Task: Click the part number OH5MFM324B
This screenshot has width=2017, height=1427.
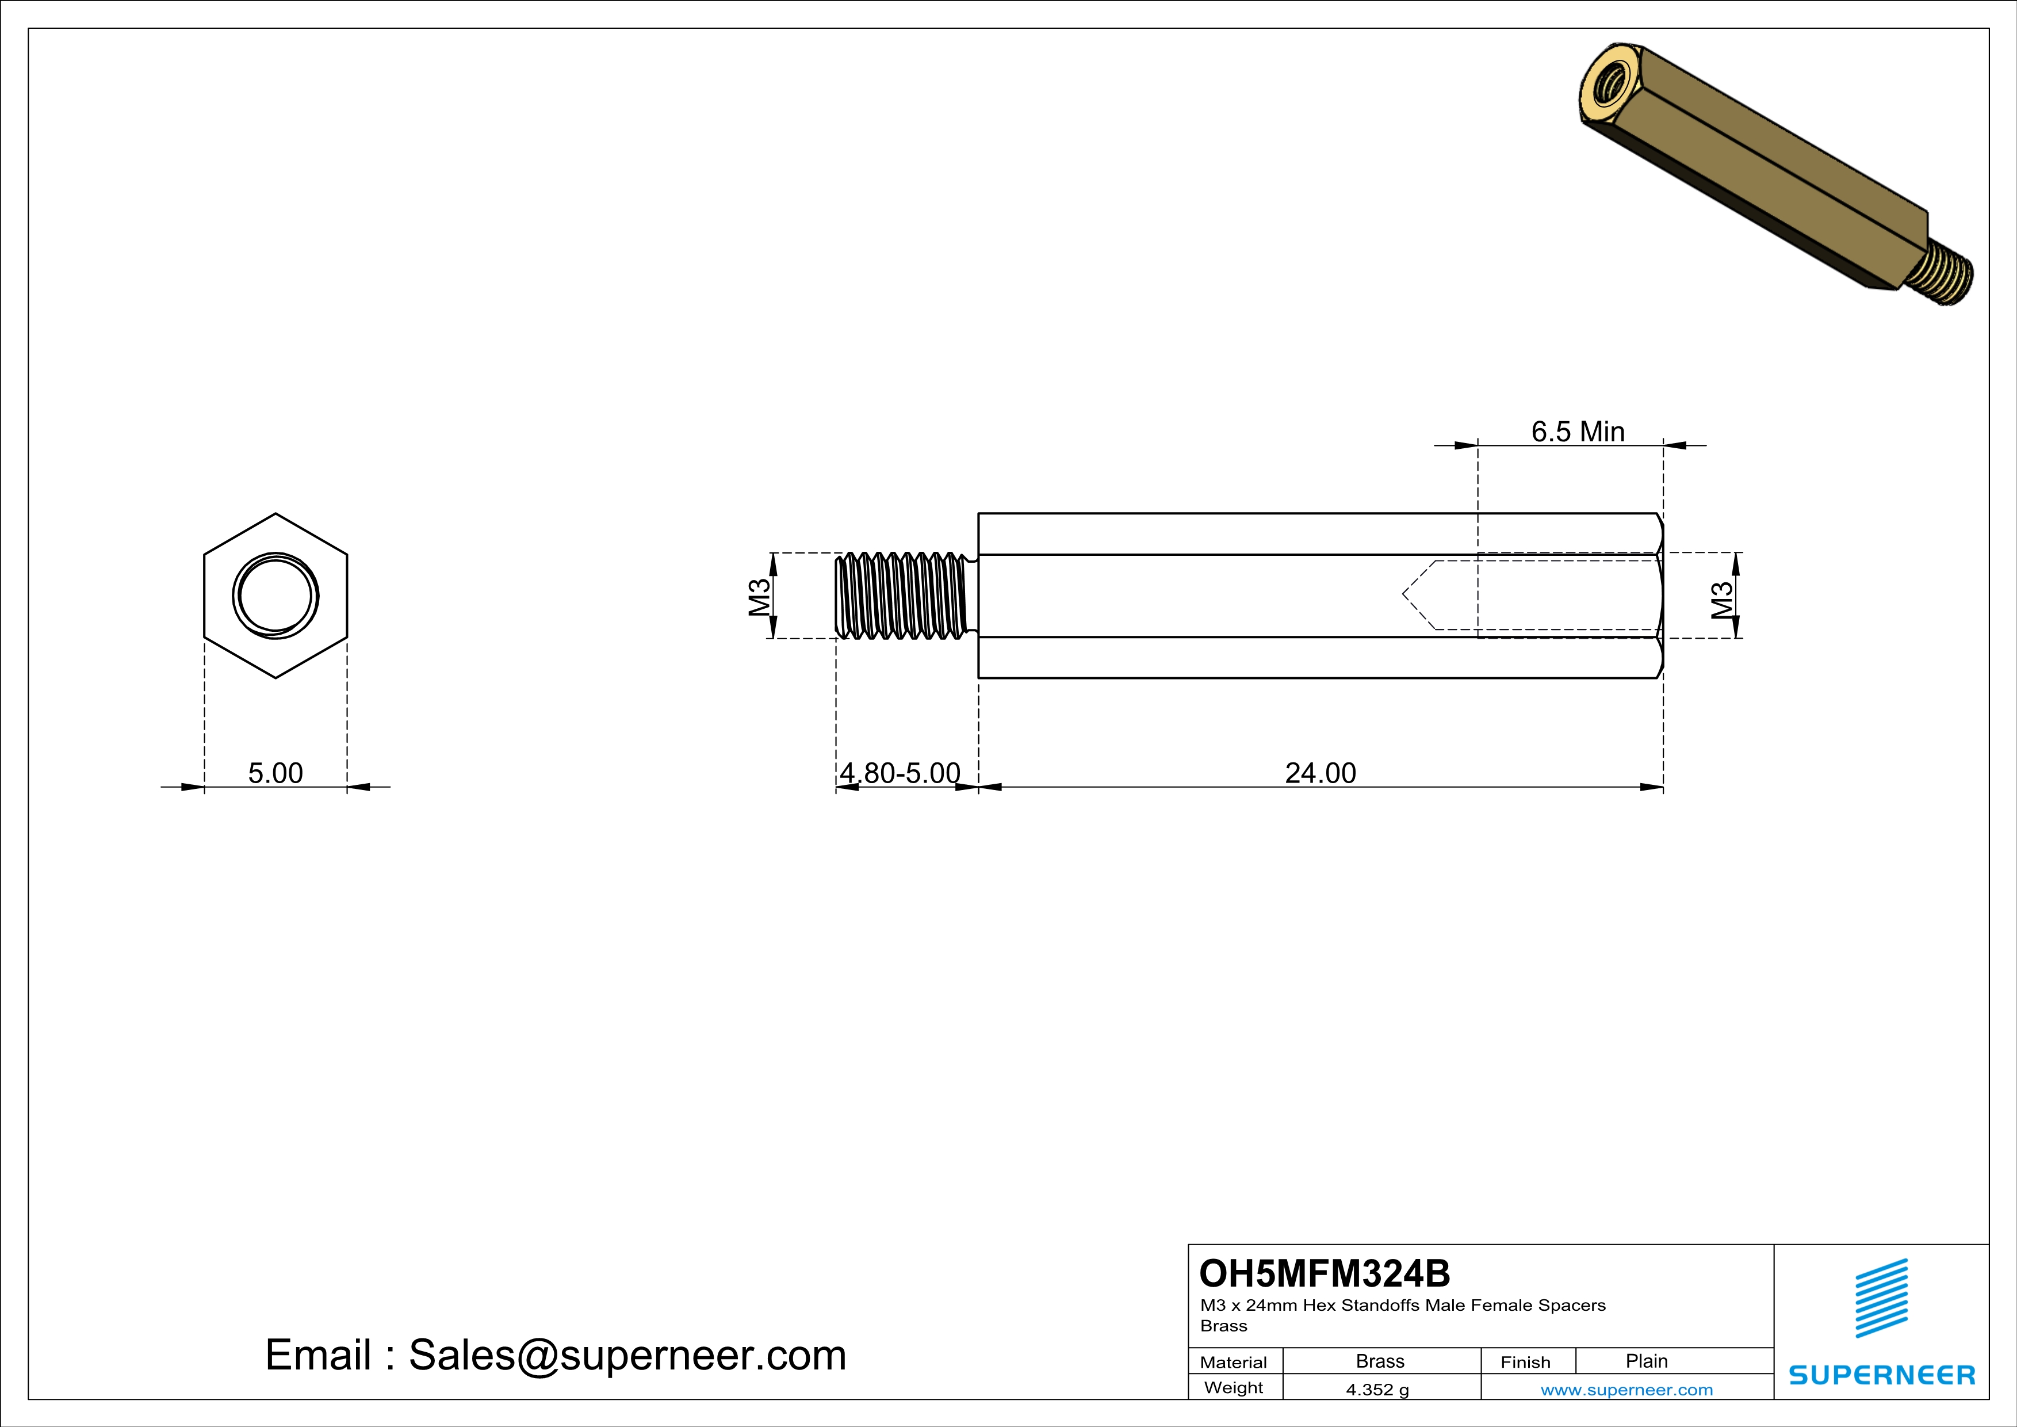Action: pos(1325,1273)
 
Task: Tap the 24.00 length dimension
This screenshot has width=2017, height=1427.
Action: pos(1321,773)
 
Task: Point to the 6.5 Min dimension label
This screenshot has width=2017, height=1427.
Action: pos(1578,432)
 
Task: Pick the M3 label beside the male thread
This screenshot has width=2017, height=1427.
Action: pos(760,597)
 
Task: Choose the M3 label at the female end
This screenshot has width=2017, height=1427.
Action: pos(1723,600)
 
